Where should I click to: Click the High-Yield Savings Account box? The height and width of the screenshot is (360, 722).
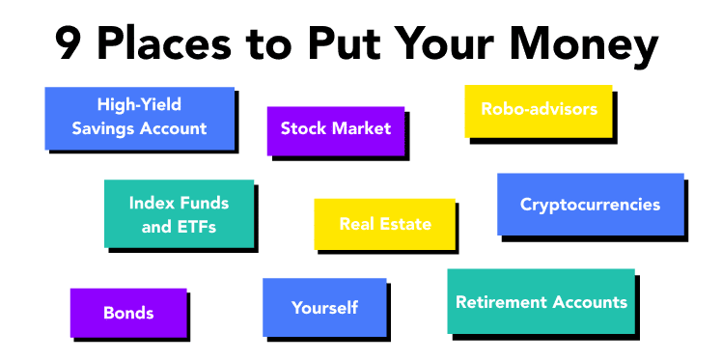(140, 118)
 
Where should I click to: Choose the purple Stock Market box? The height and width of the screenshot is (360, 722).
(335, 128)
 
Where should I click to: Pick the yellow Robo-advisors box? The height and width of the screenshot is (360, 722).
(538, 110)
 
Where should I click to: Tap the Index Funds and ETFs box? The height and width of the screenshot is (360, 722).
(179, 214)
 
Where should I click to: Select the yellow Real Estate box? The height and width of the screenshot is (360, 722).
(384, 224)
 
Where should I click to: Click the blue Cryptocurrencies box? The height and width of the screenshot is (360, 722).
(590, 204)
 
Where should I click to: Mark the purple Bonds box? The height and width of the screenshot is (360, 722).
(128, 312)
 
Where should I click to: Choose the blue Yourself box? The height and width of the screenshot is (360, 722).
(324, 307)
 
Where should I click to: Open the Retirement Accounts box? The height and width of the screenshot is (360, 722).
(541, 301)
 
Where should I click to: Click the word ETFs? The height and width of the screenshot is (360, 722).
(196, 228)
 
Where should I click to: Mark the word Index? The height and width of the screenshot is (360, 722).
(151, 203)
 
